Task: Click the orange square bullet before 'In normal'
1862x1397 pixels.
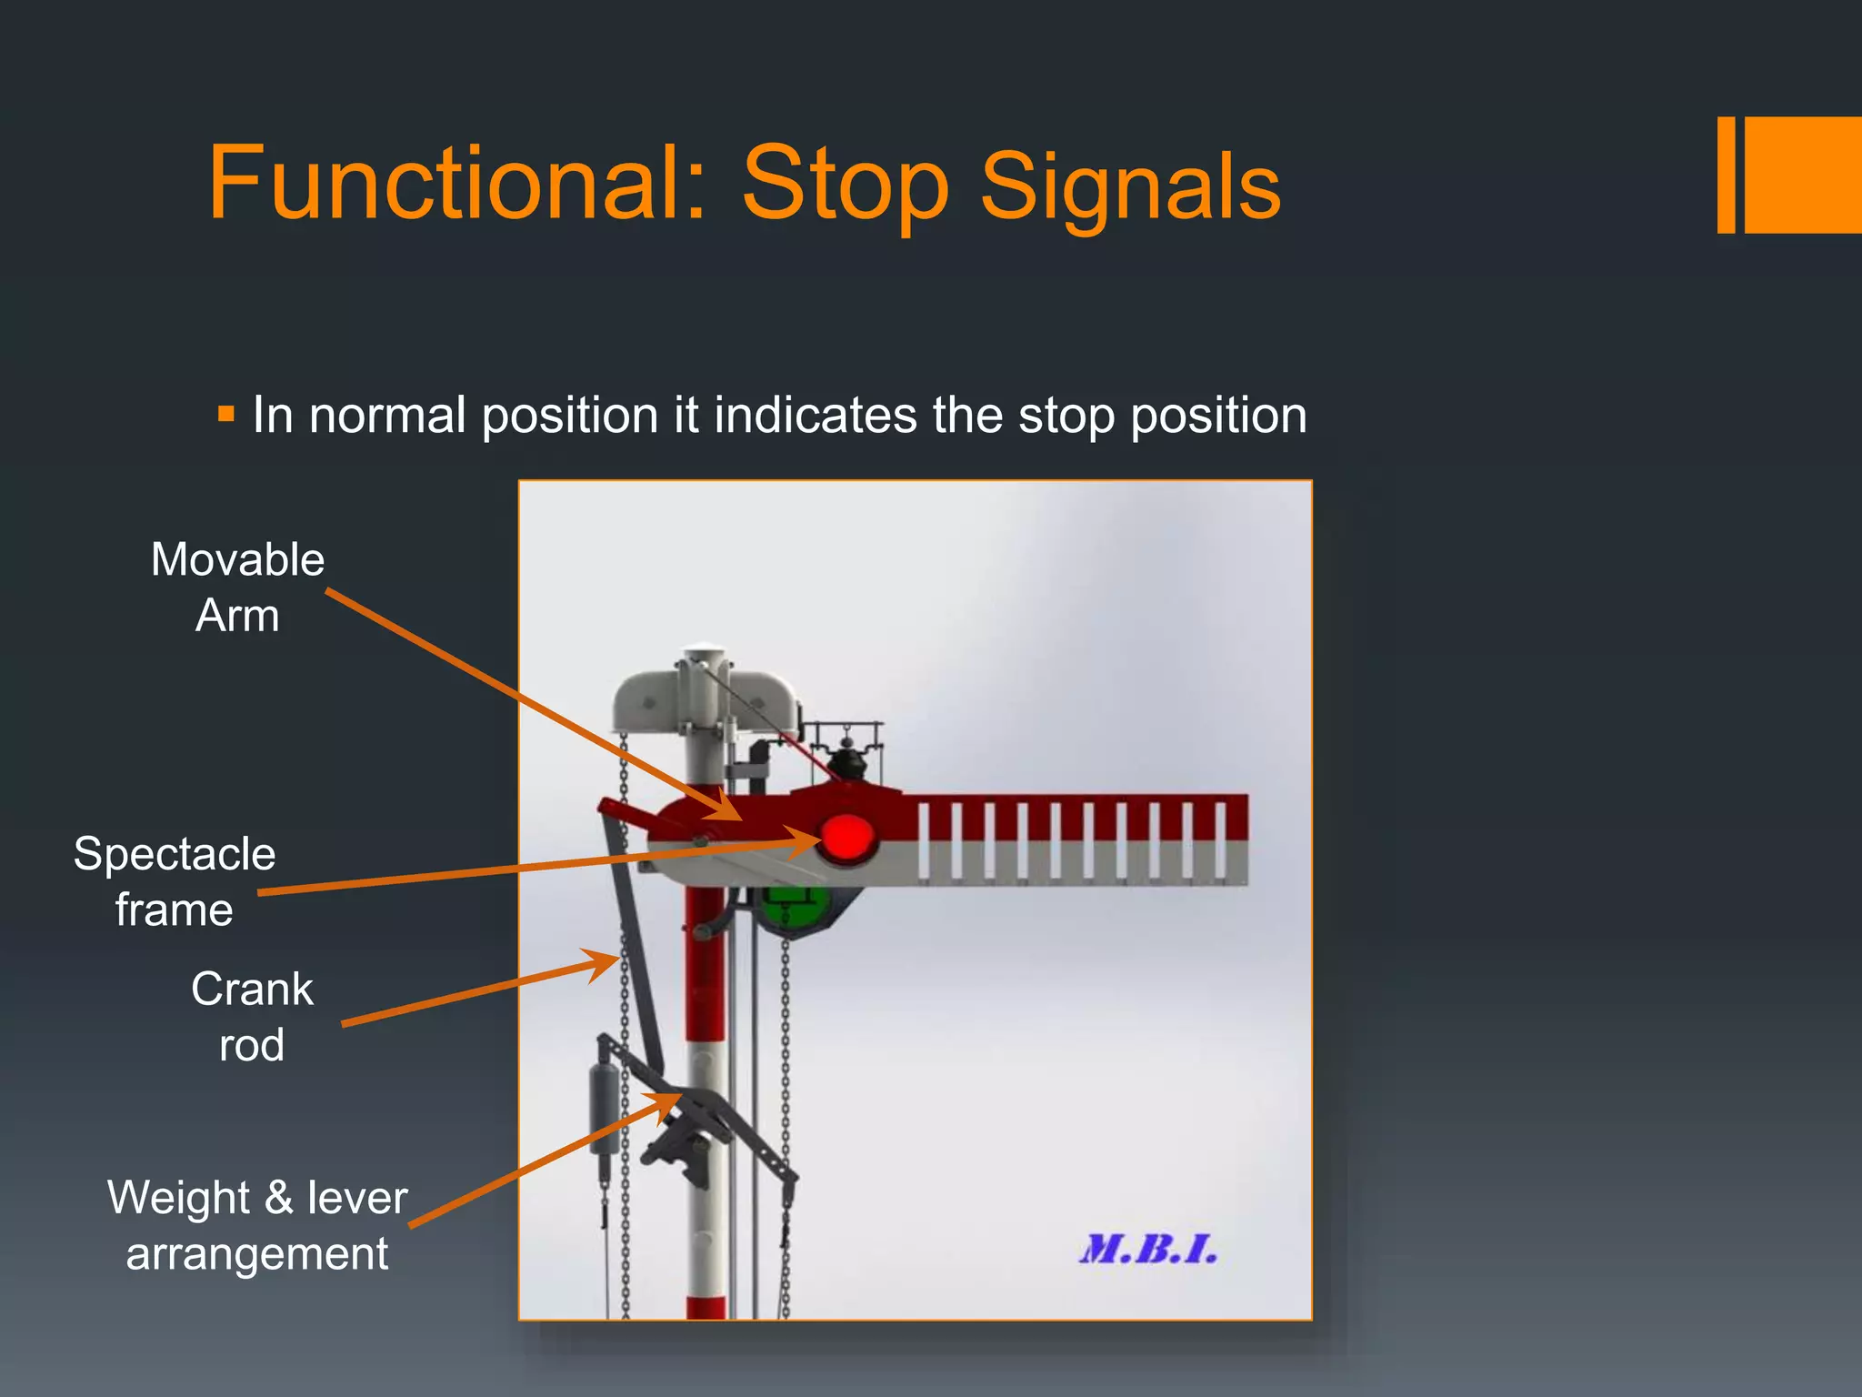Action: (x=226, y=415)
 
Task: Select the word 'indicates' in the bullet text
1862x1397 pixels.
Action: (x=815, y=416)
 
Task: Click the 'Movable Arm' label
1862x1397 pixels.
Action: (x=237, y=588)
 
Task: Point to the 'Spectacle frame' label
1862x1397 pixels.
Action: (x=174, y=881)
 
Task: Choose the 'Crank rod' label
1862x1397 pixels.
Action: (x=252, y=1016)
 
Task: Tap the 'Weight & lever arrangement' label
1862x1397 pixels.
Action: (x=257, y=1225)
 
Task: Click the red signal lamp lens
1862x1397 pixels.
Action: (x=846, y=838)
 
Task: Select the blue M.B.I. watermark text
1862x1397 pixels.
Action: (x=1148, y=1250)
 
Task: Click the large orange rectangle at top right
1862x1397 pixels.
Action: (x=1803, y=175)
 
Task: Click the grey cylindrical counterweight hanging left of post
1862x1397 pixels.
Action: (x=603, y=1110)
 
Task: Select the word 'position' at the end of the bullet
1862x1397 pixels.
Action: (x=1218, y=416)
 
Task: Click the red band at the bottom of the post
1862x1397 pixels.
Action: (x=706, y=1308)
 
